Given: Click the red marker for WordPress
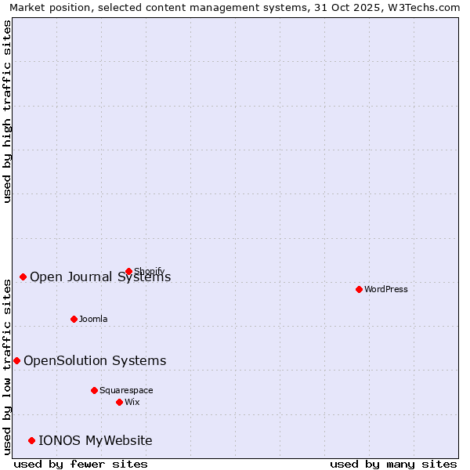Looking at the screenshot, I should [x=359, y=289].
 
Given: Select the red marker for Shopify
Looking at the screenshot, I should [x=128, y=271].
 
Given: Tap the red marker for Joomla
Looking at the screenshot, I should [x=74, y=319].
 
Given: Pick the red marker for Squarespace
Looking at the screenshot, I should [x=94, y=390].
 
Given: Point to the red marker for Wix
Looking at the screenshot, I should [x=119, y=402].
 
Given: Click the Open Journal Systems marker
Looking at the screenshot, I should [x=23, y=277].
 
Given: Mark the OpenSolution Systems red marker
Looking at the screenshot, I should [x=16, y=360].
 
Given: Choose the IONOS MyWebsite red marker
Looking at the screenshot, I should [x=31, y=440].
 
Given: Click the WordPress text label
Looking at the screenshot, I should [x=386, y=289].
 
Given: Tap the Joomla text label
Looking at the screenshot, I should [x=93, y=319].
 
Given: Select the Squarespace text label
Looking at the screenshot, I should [x=126, y=390].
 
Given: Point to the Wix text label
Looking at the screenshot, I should [x=132, y=402].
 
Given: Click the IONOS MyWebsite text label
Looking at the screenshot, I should [x=96, y=440].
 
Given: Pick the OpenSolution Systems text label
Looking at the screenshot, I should [x=95, y=360].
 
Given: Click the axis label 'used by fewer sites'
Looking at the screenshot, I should [x=81, y=464].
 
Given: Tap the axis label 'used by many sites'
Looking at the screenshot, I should [x=393, y=464].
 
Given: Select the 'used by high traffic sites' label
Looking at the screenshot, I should [x=8, y=111].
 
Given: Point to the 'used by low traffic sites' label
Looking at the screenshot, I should [x=8, y=367].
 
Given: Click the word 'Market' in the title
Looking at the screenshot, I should [x=27, y=7].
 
